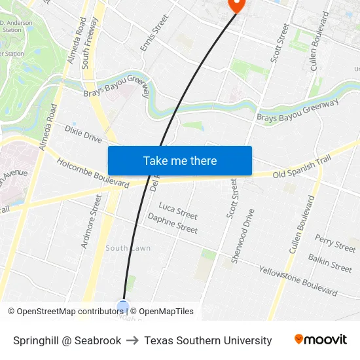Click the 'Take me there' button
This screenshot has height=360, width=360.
[x=180, y=161]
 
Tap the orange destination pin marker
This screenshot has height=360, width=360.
[x=236, y=5]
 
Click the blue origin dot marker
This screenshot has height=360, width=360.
[x=123, y=306]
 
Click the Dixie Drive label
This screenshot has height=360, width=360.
[x=83, y=134]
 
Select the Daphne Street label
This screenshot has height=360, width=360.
[x=172, y=223]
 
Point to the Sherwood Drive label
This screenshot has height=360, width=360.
[x=242, y=236]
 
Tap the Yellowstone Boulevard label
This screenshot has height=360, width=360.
[x=298, y=280]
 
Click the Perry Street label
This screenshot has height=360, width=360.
[x=335, y=243]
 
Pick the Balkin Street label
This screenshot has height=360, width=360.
[x=330, y=262]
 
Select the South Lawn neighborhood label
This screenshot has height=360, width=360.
[x=128, y=248]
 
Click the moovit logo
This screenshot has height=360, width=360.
[x=321, y=340]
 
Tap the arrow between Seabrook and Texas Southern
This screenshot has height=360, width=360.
[x=133, y=340]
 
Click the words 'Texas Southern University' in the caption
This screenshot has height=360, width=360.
[x=208, y=340]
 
